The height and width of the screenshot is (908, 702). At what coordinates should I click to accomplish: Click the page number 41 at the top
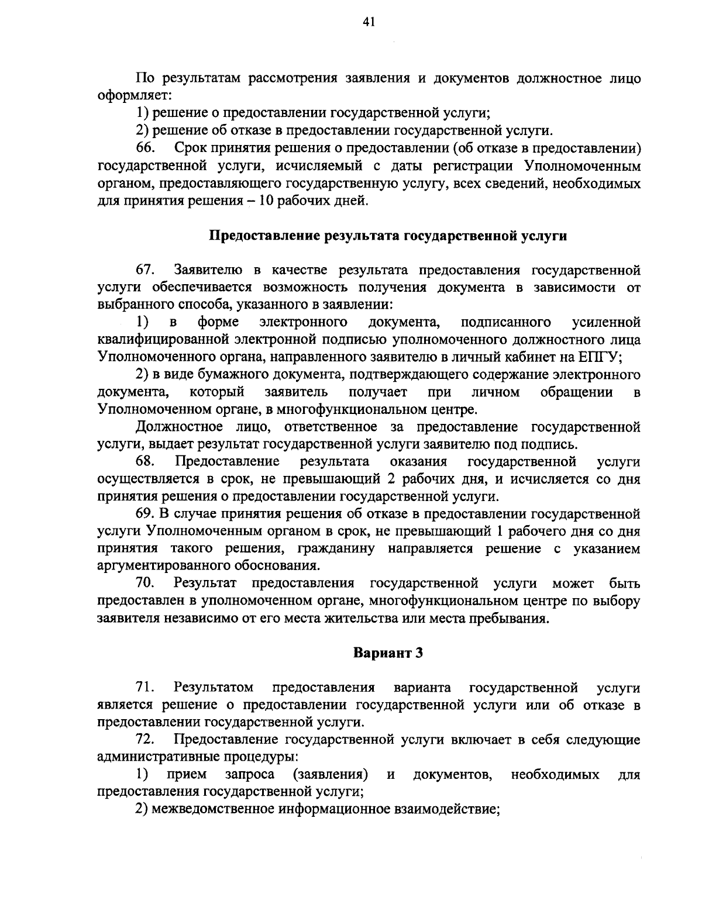[x=368, y=22]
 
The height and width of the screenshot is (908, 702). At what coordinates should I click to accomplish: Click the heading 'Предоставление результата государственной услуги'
[x=388, y=236]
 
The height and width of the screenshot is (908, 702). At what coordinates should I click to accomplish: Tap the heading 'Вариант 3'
[x=388, y=653]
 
